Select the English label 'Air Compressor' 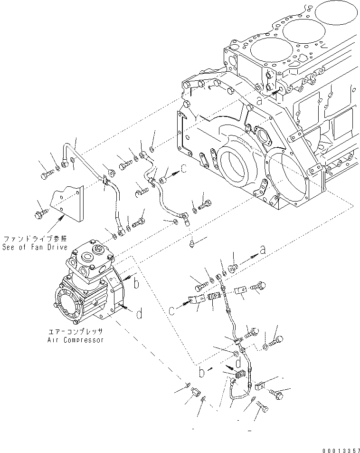coord(76,340)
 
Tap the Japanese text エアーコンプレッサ coord(76,332)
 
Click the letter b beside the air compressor coord(136,284)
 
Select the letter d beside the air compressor coord(139,314)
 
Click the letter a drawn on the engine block coord(259,100)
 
